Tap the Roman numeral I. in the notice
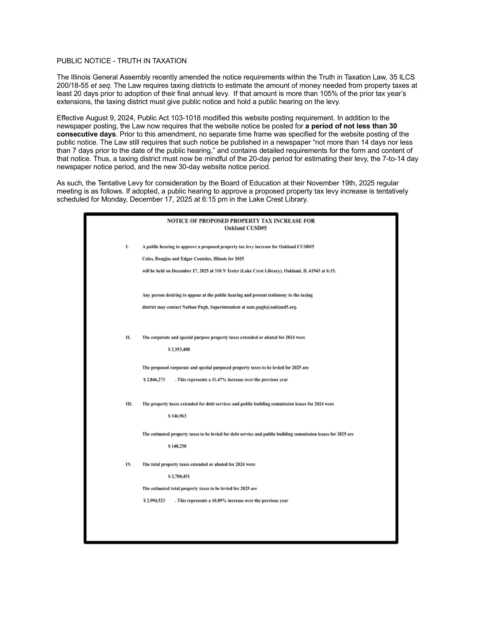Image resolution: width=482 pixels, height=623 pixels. [x=127, y=247]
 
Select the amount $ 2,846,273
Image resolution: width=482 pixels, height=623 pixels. [x=154, y=380]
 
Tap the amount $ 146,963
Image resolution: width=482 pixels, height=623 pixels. [x=177, y=416]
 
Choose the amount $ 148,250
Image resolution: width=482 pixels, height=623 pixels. [x=177, y=446]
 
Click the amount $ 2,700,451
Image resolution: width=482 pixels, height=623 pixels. [x=179, y=476]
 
